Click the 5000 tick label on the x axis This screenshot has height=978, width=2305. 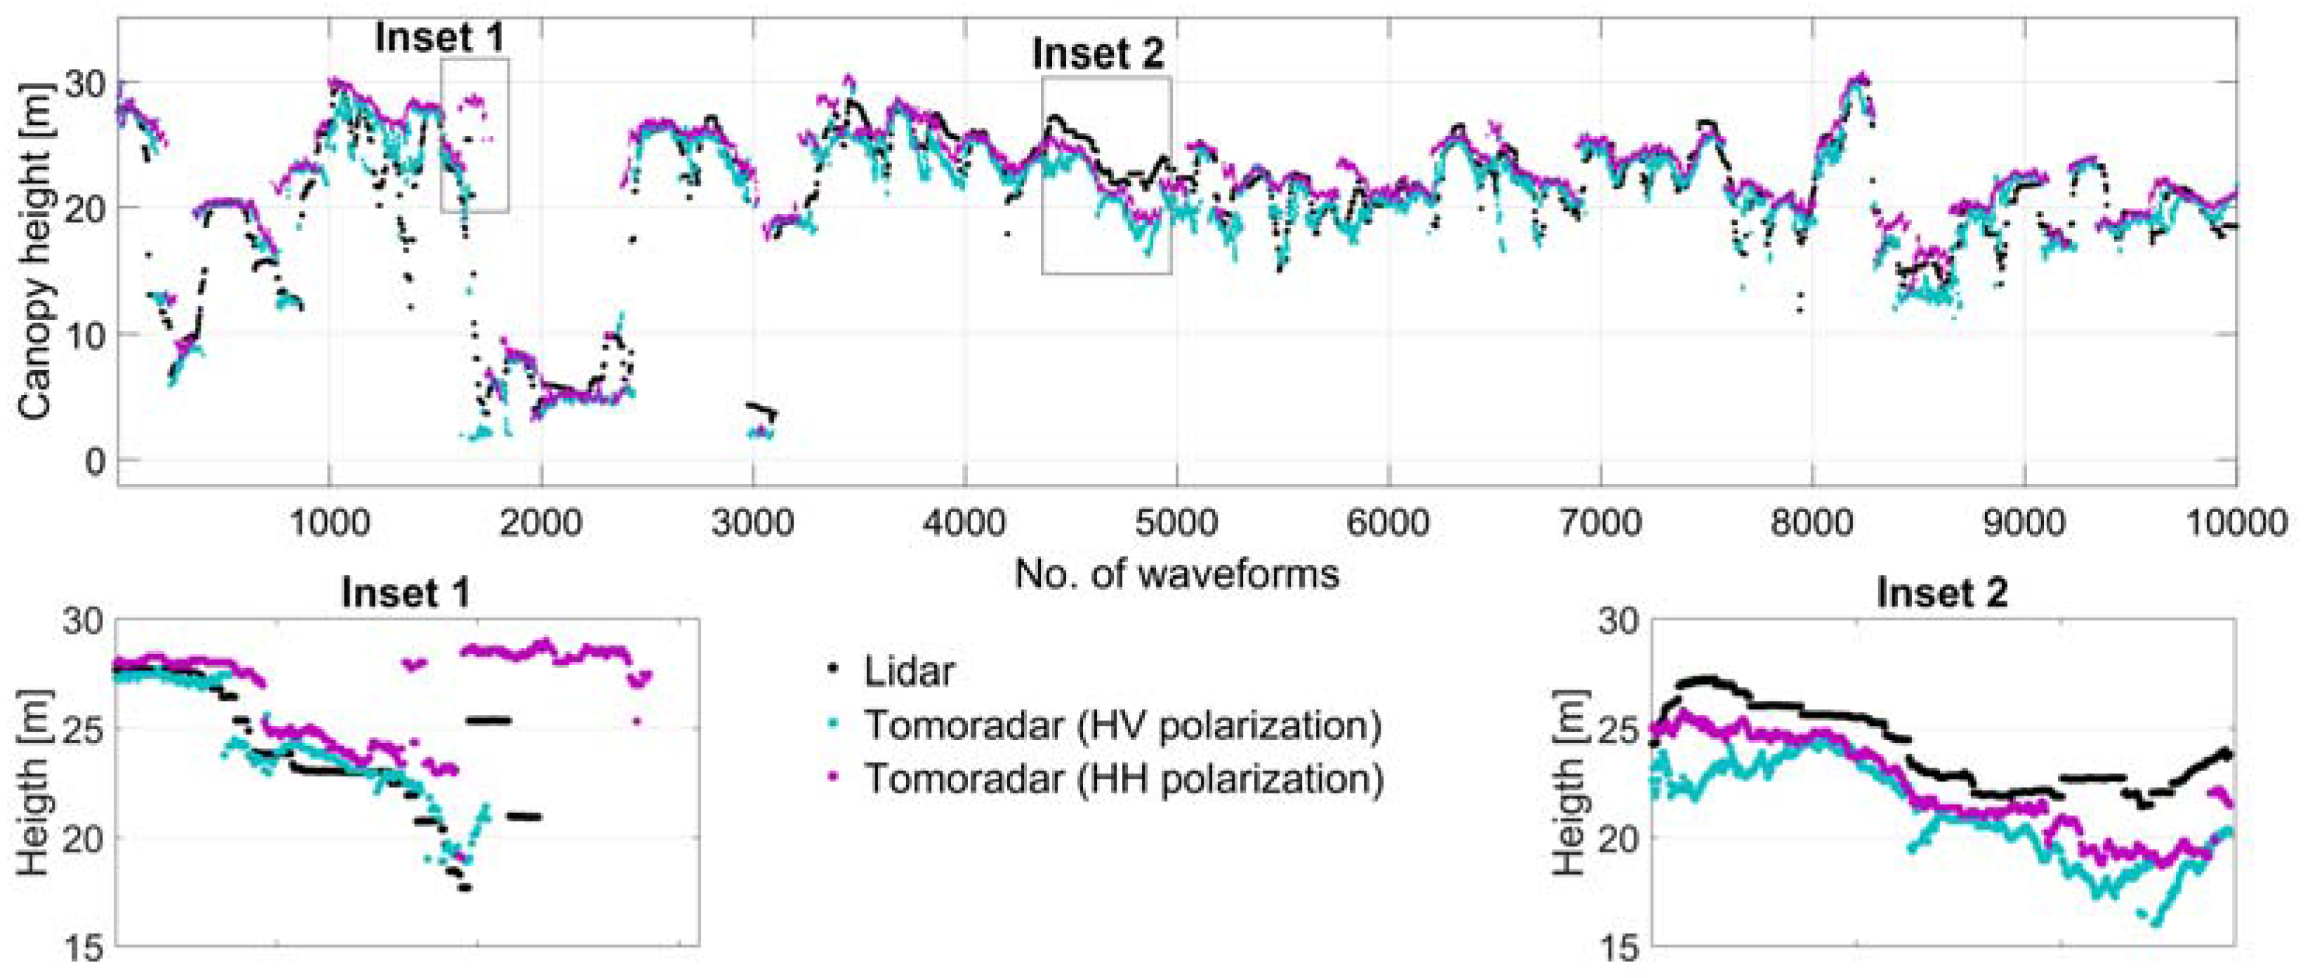click(1176, 522)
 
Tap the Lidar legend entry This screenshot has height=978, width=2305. click(908, 671)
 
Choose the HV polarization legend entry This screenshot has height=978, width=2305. click(1122, 725)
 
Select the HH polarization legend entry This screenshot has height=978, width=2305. click(1122, 779)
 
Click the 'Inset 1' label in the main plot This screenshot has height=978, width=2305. click(439, 38)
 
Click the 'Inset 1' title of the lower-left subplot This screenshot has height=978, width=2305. click(406, 594)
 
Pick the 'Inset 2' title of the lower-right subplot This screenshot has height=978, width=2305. click(1941, 594)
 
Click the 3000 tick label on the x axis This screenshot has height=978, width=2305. click(752, 522)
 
